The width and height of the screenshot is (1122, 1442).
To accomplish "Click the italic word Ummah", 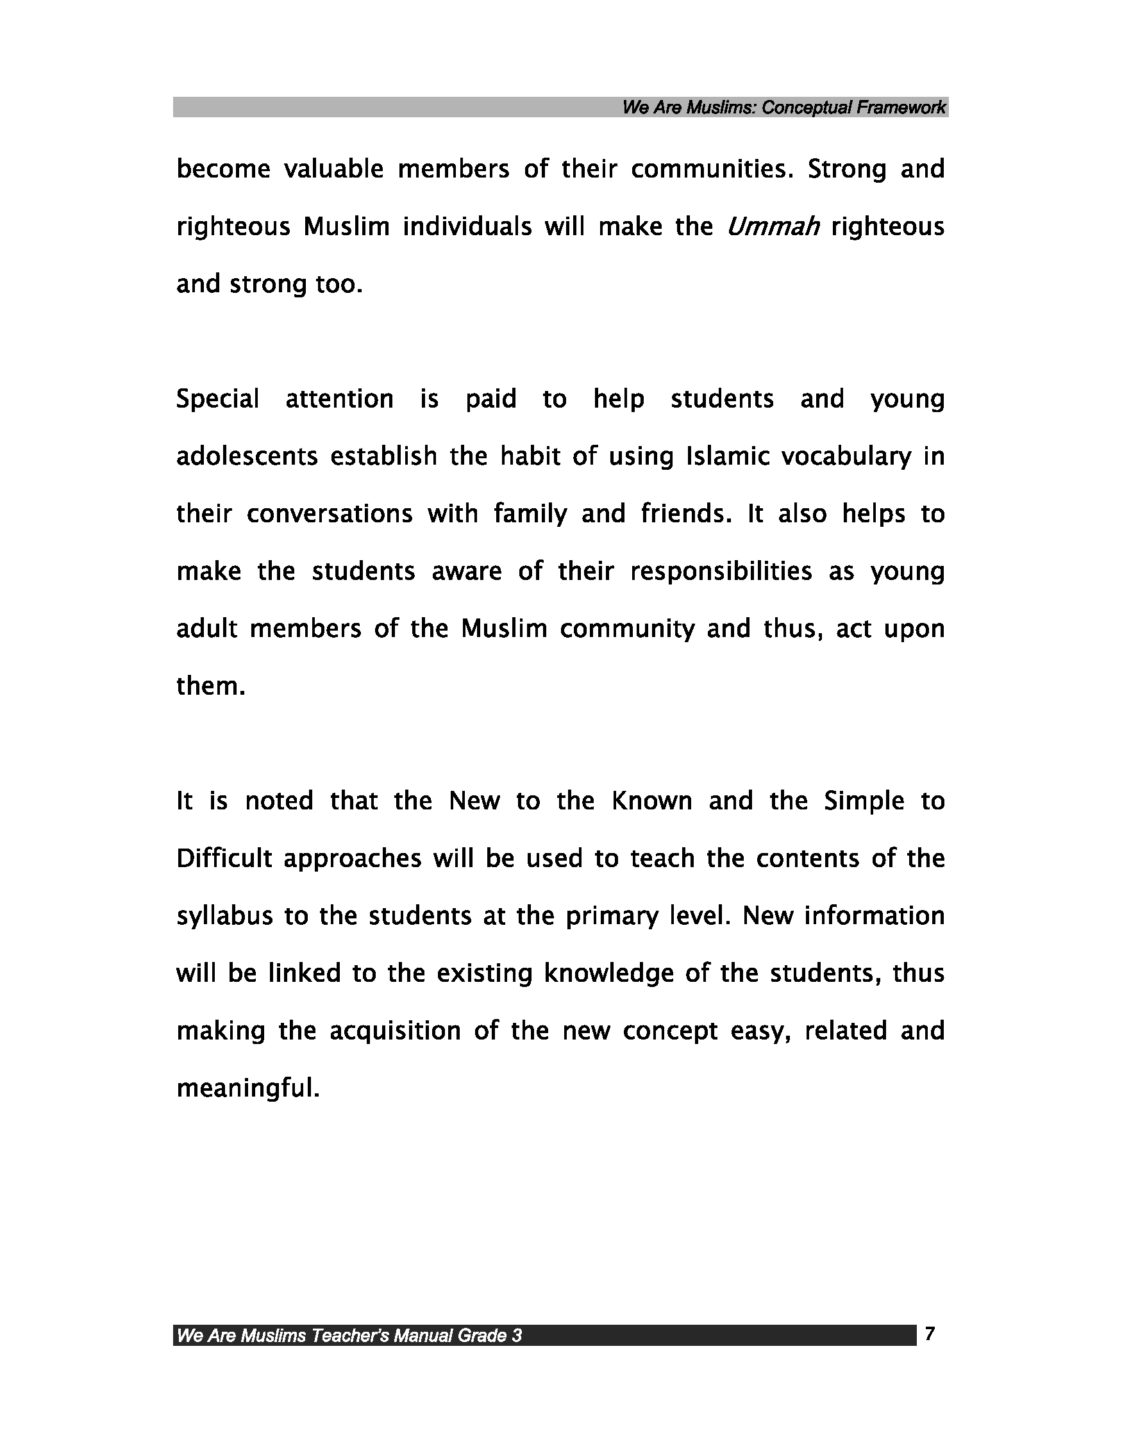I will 773,226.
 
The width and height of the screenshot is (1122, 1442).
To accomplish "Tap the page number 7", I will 930,1334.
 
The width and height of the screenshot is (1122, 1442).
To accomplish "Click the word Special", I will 217,399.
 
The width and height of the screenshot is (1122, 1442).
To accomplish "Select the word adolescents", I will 247,456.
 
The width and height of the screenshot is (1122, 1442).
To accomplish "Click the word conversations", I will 330,514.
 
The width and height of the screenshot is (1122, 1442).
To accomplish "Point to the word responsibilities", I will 721,572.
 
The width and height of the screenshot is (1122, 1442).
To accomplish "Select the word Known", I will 652,801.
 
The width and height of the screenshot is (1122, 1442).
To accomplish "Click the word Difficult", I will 224,858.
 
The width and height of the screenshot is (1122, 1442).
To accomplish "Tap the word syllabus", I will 224,916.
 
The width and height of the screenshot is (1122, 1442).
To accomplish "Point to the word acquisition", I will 395,1031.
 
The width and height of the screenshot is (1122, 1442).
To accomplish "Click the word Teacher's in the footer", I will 350,1336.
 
